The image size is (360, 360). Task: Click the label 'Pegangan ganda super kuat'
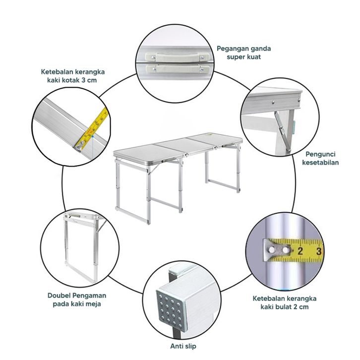coord(243,53)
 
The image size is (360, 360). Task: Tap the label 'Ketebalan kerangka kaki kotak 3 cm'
coord(72,76)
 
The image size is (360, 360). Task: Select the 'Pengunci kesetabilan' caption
coord(320,158)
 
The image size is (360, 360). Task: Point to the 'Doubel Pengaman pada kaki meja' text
coord(77,300)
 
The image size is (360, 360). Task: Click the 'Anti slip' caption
coord(183,346)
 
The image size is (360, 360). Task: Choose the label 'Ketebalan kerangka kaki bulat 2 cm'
coord(285,302)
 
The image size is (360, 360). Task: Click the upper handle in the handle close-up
coord(177,57)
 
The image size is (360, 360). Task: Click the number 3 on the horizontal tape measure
coord(319,251)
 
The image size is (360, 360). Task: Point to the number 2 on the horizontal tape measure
coord(300,251)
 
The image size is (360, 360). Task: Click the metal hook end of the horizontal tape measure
coord(277,250)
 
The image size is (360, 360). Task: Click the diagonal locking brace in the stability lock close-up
coord(283,131)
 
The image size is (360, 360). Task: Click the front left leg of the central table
coord(149,195)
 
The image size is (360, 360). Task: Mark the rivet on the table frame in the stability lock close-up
coord(273,102)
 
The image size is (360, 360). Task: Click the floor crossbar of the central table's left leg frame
coord(132,215)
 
